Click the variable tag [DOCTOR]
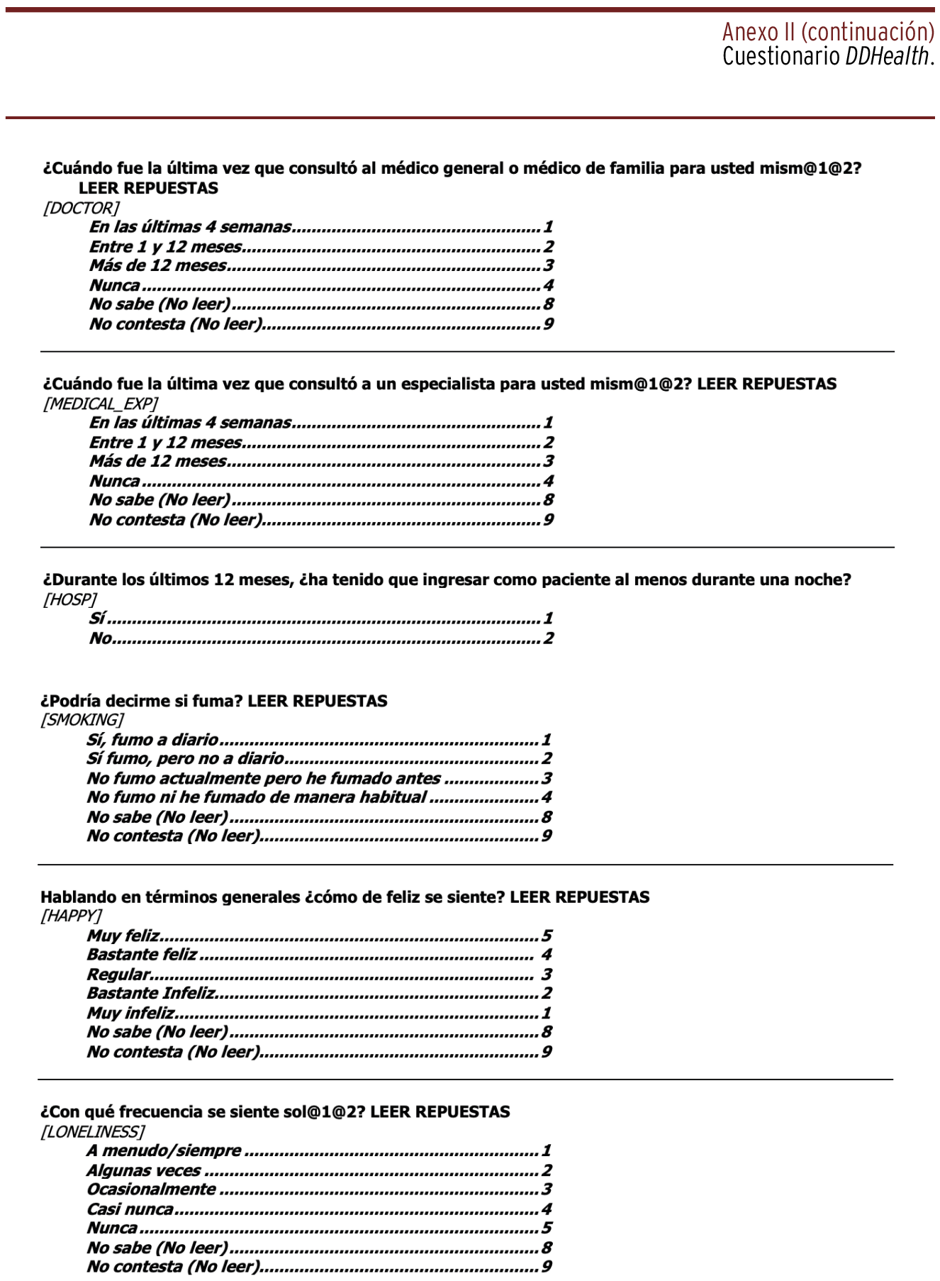point(81,208)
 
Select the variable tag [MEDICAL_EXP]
point(100,404)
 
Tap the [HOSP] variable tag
point(69,599)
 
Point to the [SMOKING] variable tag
point(82,720)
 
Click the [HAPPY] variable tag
point(70,916)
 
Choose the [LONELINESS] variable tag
point(92,1131)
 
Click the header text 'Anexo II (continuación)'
point(828,32)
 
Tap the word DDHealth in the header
point(886,57)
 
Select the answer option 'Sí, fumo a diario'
point(152,740)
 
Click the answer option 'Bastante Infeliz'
point(151,993)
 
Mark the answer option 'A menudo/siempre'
point(164,1150)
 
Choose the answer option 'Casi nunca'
point(130,1209)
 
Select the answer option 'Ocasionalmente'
point(151,1189)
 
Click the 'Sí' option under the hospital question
point(97,619)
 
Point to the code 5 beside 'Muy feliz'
point(547,936)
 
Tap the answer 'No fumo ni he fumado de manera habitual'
point(257,797)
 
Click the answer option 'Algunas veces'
point(144,1170)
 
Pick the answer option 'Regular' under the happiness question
point(118,975)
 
